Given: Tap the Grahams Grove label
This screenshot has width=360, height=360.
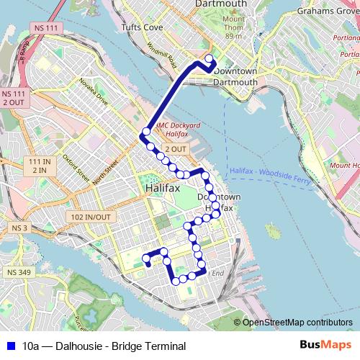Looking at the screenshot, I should [x=326, y=12].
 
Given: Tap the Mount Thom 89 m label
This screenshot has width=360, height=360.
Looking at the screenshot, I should [x=233, y=27].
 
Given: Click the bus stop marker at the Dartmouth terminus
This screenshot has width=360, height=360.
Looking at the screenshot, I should [x=210, y=59].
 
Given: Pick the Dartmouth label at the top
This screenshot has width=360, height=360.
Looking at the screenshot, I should [x=221, y=4].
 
